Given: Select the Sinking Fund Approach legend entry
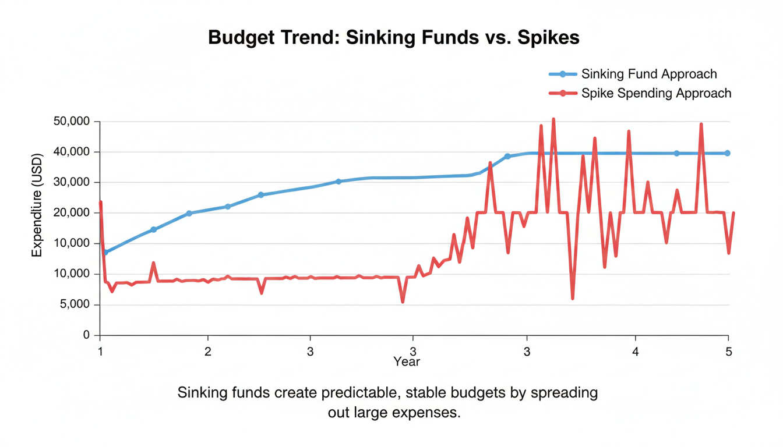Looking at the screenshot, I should (x=648, y=74).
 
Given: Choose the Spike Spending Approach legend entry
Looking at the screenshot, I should (x=655, y=93).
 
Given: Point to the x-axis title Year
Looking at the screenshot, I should (x=406, y=362).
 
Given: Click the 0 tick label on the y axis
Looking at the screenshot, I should (x=87, y=335).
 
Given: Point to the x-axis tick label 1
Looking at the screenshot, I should (x=100, y=352).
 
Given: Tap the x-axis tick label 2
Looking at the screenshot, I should (x=207, y=352).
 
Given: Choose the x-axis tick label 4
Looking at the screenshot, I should (x=635, y=352).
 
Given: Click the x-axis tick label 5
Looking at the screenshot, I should (x=728, y=352).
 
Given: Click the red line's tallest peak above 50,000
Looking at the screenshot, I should (x=553, y=119).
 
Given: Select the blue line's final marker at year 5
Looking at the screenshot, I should (x=727, y=153).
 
